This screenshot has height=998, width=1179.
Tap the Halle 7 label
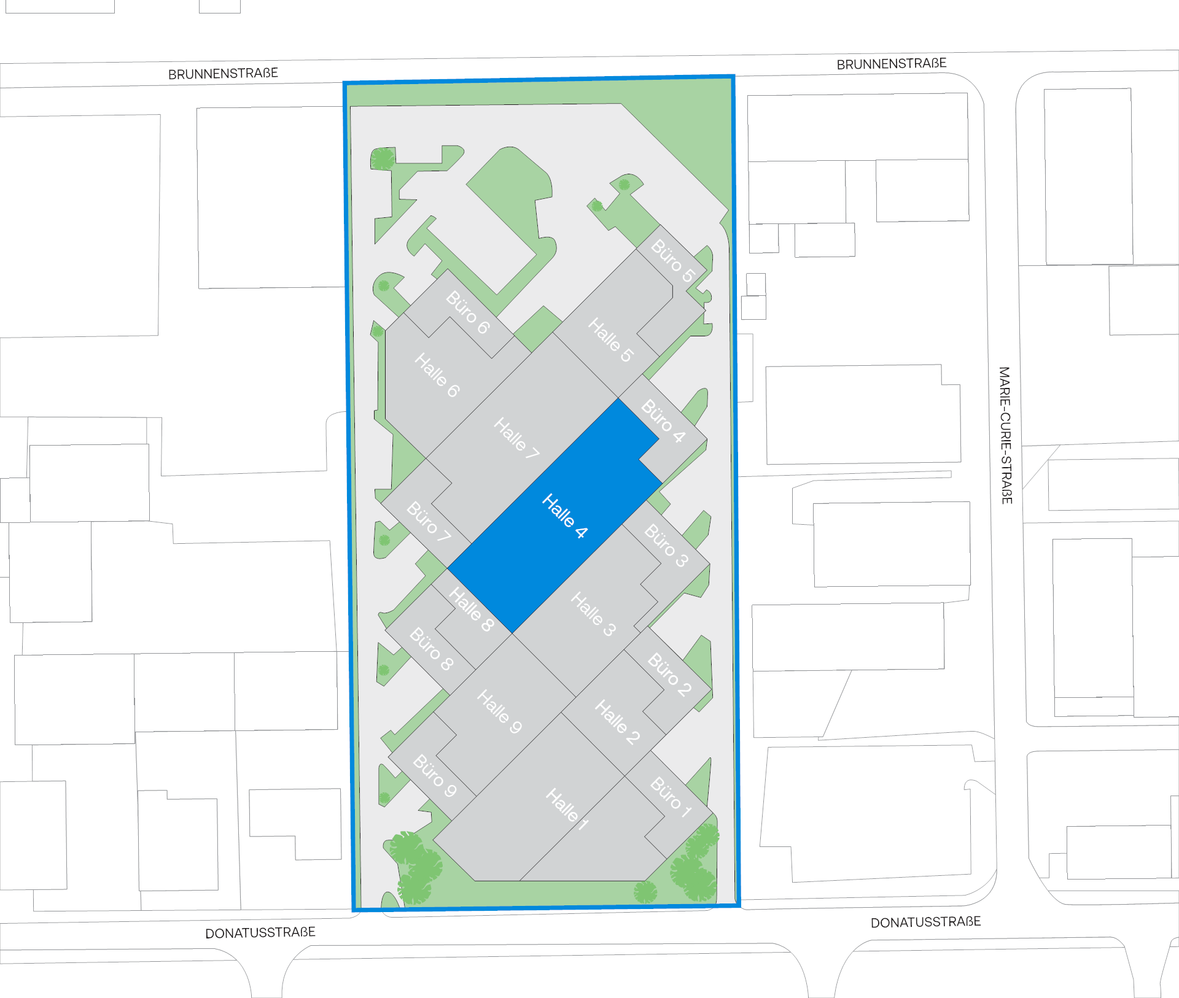[x=516, y=438]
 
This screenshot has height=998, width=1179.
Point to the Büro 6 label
[x=468, y=312]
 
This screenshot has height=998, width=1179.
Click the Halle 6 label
[x=437, y=375]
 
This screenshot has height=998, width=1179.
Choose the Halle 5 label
[x=610, y=339]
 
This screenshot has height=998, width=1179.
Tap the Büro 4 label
[x=663, y=420]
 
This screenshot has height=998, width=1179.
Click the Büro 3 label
[x=667, y=545]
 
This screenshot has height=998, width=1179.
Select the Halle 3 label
[x=593, y=614]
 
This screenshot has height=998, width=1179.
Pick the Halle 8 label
[x=472, y=609]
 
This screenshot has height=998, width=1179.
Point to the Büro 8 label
[x=432, y=649]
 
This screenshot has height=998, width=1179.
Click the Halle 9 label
[x=500, y=711]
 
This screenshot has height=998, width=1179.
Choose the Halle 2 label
[x=618, y=722]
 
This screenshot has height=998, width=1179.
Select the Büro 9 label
[x=435, y=775]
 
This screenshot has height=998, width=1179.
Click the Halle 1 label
[x=567, y=809]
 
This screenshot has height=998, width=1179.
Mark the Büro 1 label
[x=671, y=797]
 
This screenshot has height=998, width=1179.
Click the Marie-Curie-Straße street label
[x=1005, y=435]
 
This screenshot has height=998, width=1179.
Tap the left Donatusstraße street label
[x=260, y=933]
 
